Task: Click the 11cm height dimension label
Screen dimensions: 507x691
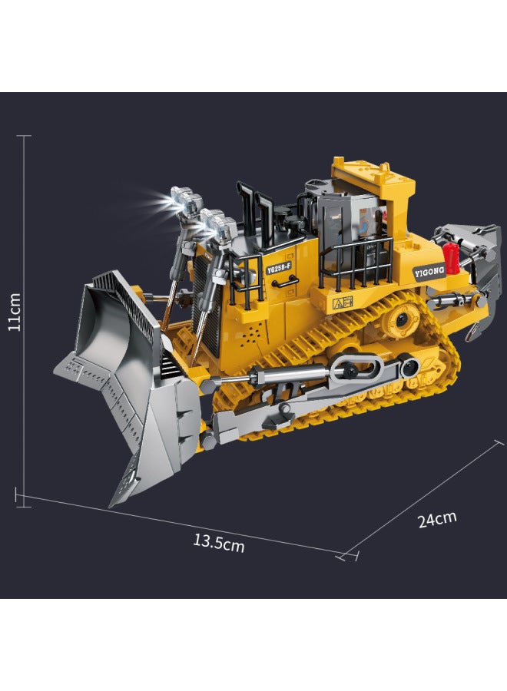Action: click(x=15, y=312)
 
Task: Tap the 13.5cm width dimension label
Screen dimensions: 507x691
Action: click(x=219, y=543)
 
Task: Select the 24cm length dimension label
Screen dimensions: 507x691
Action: click(x=437, y=519)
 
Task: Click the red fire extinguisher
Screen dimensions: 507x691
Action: click(x=450, y=257)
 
